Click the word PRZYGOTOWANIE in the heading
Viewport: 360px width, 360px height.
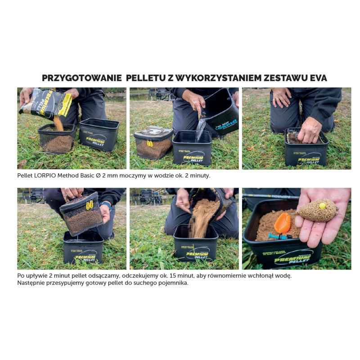click(82, 78)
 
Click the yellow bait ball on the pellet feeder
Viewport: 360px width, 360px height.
click(322, 206)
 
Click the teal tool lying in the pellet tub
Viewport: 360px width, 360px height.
click(279, 236)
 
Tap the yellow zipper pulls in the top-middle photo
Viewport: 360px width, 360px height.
click(150, 144)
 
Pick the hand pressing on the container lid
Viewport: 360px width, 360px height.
click(309, 131)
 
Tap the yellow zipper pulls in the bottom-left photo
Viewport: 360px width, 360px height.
click(90, 205)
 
